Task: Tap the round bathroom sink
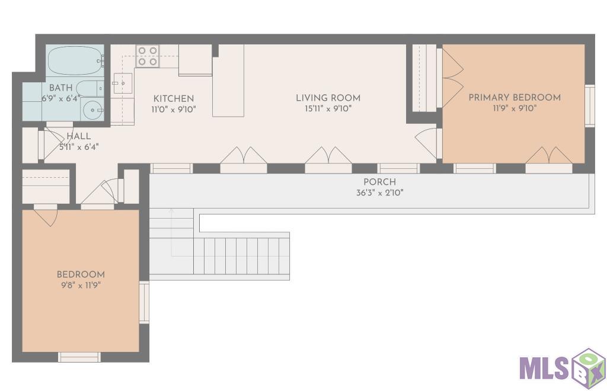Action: tap(93, 110)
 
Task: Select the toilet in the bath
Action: tap(90, 88)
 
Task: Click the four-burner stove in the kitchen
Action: tap(148, 56)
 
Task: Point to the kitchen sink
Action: tap(122, 83)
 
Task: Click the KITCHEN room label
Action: tap(174, 98)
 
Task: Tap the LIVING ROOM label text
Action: tap(328, 98)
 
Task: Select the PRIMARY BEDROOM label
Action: tap(515, 98)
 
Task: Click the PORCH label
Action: tap(379, 182)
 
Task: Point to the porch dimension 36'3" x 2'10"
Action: tap(380, 193)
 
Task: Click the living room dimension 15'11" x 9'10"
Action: tap(328, 108)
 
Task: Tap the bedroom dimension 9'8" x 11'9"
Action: tap(81, 286)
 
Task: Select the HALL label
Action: tap(79, 136)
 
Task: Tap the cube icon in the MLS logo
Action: tap(589, 367)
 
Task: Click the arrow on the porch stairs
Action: tap(171, 232)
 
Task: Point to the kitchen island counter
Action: tap(228, 81)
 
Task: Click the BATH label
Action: tap(61, 88)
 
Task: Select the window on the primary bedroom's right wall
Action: tap(589, 105)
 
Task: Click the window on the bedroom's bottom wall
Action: tap(79, 357)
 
